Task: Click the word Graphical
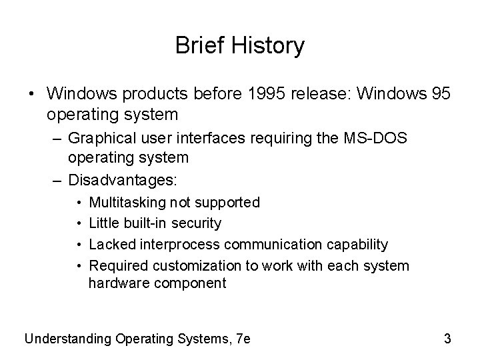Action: tap(99, 140)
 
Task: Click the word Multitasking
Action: tap(127, 202)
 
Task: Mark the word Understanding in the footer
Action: tap(67, 339)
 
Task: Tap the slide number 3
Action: tap(447, 339)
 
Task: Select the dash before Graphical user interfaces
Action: tap(58, 141)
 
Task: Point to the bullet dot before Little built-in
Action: tap(79, 223)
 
